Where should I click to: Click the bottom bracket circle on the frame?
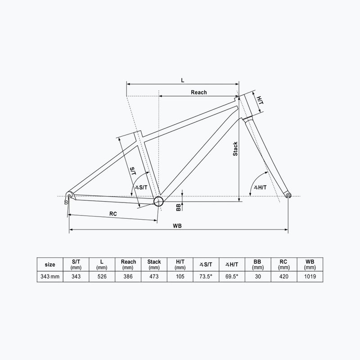pyautogui.click(x=158, y=201)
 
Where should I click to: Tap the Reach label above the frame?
pyautogui.click(x=199, y=92)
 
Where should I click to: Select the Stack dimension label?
pyautogui.click(x=235, y=149)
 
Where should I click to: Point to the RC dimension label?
pyautogui.click(x=113, y=214)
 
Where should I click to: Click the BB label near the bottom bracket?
pyautogui.click(x=179, y=207)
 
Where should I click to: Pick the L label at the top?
pyautogui.click(x=182, y=80)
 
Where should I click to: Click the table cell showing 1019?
pyautogui.click(x=310, y=277)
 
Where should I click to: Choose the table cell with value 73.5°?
pyautogui.click(x=206, y=277)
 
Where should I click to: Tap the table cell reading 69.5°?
pyautogui.click(x=232, y=277)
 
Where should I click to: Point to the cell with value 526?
pyautogui.click(x=102, y=277)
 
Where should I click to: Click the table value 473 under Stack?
pyautogui.click(x=154, y=277)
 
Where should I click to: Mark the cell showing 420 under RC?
pyautogui.click(x=283, y=277)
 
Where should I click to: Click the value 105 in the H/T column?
pyautogui.click(x=180, y=277)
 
